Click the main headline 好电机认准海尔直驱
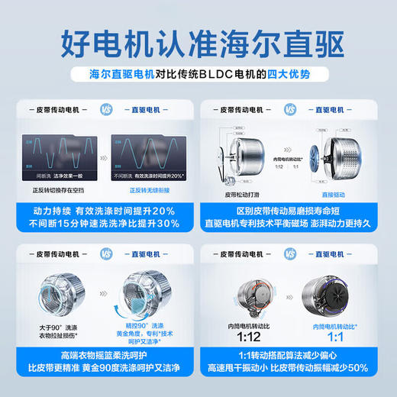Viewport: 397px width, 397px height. (198, 39)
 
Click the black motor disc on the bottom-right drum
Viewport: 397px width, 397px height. (347, 289)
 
